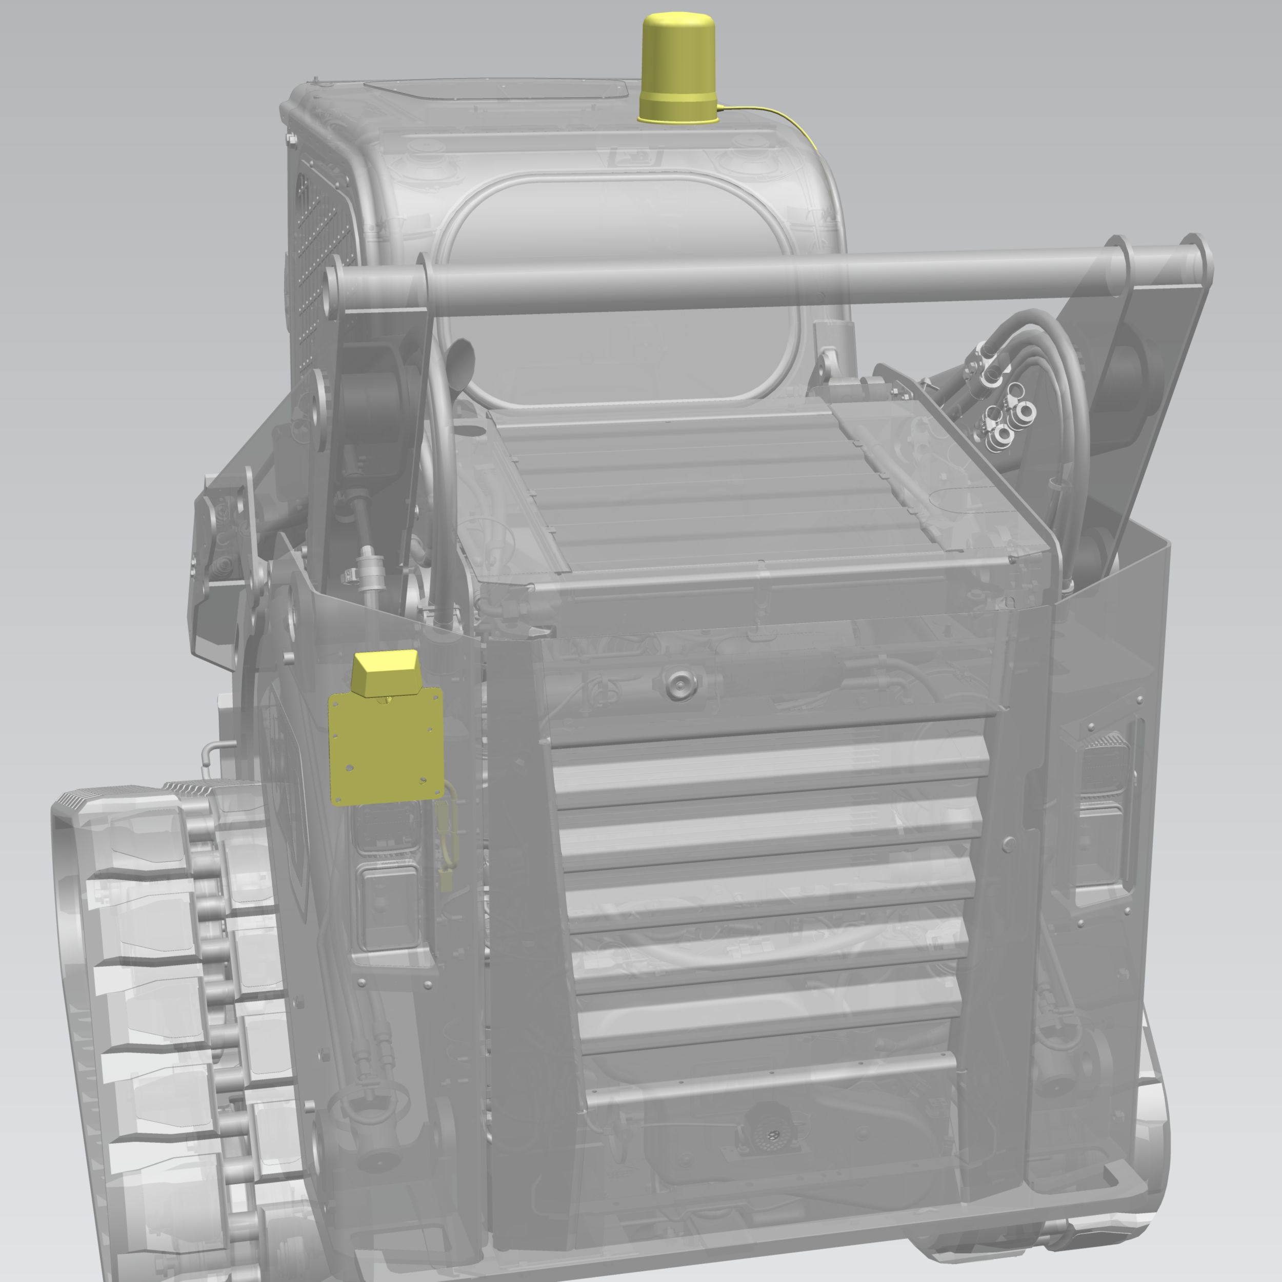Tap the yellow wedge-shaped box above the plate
(x=384, y=672)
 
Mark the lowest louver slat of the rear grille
(x=770, y=1078)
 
